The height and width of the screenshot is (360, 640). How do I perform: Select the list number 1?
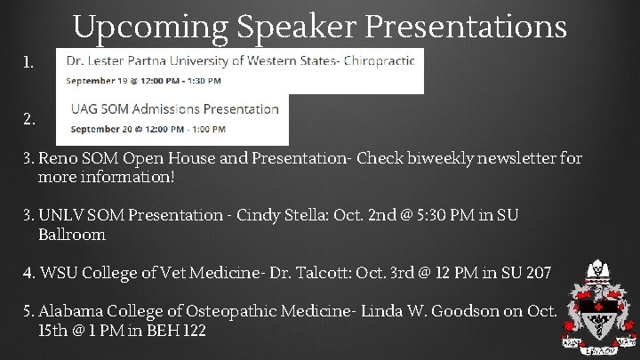click(x=30, y=64)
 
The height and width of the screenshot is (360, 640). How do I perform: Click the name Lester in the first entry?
click(x=115, y=60)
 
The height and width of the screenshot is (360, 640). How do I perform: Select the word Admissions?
click(x=163, y=109)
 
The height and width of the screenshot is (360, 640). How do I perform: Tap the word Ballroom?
click(x=72, y=235)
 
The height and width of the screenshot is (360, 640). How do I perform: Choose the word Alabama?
click(x=71, y=311)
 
